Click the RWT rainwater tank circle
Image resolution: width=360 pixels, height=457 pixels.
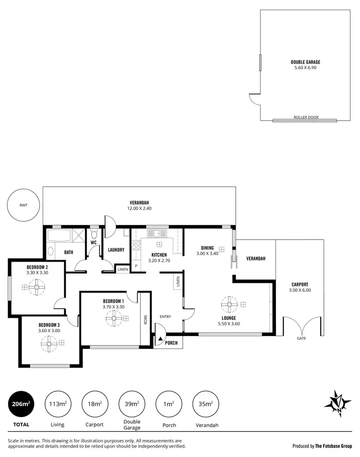[24, 205]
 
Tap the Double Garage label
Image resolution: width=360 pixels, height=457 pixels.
[305, 62]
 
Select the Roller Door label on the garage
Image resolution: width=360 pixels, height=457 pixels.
[306, 118]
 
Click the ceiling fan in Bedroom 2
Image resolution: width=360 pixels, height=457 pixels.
[37, 288]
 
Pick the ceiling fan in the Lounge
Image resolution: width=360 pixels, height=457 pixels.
[229, 304]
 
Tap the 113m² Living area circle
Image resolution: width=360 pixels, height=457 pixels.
[58, 404]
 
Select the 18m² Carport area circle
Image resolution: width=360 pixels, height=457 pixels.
[95, 404]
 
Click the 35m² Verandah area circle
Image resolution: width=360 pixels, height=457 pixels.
[205, 404]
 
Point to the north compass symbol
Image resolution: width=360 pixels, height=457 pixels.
[339, 402]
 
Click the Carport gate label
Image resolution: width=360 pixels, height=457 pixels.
[301, 338]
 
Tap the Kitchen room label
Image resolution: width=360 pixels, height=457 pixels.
[159, 255]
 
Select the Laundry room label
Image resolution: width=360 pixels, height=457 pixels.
[116, 250]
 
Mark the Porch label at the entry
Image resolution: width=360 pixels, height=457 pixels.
[171, 343]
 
